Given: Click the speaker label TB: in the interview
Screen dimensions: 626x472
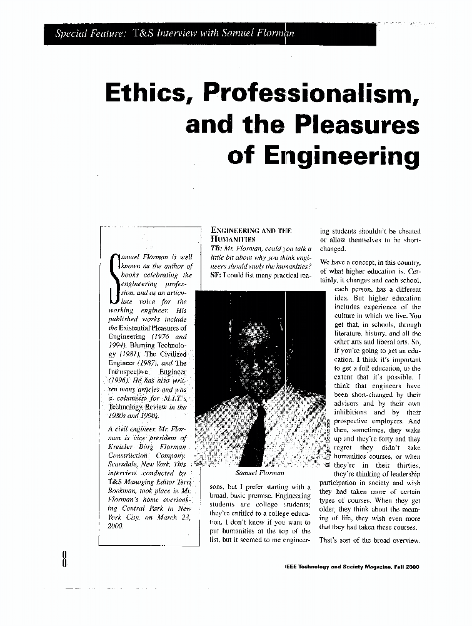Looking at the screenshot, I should point(209,249).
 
